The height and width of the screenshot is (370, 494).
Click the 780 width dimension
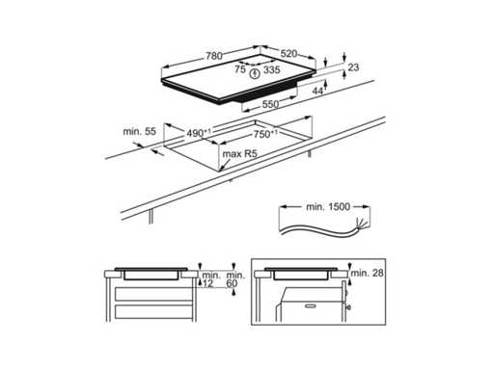coord(214,56)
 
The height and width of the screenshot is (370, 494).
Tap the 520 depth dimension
coord(288,53)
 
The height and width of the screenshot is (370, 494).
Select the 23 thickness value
coord(353,67)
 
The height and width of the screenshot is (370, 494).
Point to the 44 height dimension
coord(317,91)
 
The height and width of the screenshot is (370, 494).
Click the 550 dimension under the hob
coord(270,104)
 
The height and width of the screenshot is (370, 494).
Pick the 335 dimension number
coord(272,69)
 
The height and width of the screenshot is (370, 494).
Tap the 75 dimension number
coord(240,69)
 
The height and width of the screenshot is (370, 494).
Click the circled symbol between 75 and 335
coord(255,73)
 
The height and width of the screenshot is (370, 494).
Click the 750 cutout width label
coord(265,134)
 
